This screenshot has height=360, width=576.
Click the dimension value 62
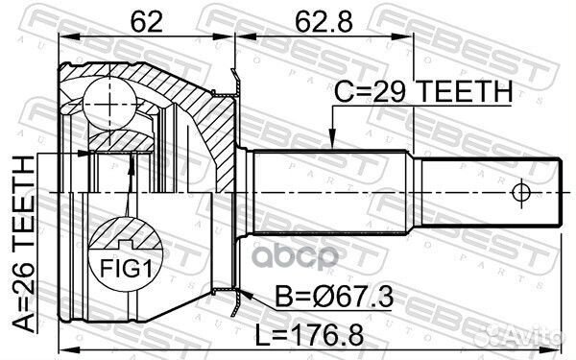click(x=146, y=22)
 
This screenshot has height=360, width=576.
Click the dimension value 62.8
click(x=324, y=22)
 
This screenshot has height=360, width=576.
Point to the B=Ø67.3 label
click(x=334, y=298)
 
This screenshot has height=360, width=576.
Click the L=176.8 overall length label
click(x=310, y=335)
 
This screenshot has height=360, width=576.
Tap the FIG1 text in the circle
click(x=126, y=268)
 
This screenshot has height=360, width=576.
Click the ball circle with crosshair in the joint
click(x=109, y=104)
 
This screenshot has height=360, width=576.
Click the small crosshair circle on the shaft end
click(x=521, y=193)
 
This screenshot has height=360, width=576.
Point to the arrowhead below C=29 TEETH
click(x=332, y=139)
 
